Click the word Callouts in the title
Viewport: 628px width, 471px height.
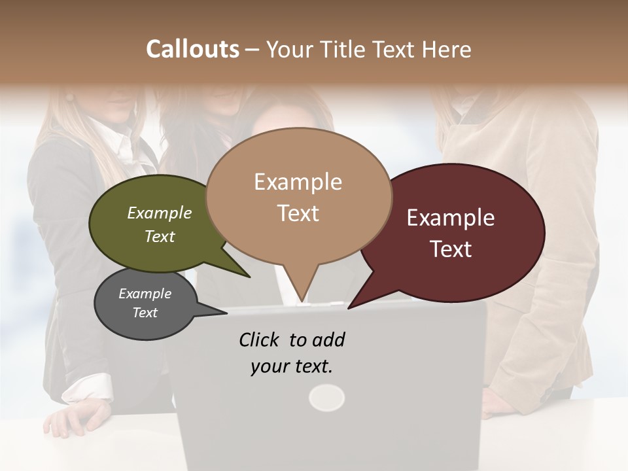coord(192,49)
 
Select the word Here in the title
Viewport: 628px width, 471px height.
coord(447,49)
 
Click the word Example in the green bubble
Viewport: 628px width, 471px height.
coord(160,213)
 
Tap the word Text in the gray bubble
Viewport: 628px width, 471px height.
coord(145,313)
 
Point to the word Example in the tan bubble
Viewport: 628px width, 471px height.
coord(298,181)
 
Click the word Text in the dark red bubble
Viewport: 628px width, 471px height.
coord(451,249)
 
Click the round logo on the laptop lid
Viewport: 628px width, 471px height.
coord(326,397)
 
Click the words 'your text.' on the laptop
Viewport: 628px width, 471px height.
coord(292,366)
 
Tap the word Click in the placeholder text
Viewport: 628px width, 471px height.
coord(260,340)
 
